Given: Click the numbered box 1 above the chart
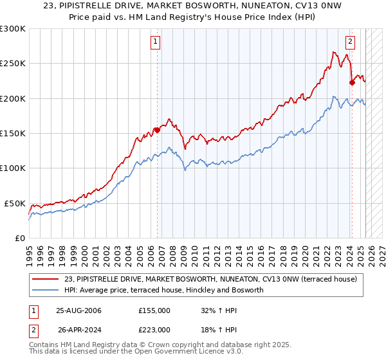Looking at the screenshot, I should [x=156, y=42].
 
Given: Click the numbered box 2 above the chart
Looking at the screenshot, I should [x=350, y=42].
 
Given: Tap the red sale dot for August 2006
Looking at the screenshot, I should [x=157, y=130].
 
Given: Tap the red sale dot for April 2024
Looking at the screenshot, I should [x=352, y=82].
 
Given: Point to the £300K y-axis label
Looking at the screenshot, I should [x=12, y=29].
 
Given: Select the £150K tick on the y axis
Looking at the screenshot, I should [x=12, y=133].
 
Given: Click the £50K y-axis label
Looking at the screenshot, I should [x=15, y=203].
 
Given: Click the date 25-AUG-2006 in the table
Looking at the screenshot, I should [x=78, y=310].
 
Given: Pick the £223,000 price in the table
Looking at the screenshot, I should [x=154, y=329].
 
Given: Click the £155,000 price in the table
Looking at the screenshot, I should [x=154, y=310].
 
